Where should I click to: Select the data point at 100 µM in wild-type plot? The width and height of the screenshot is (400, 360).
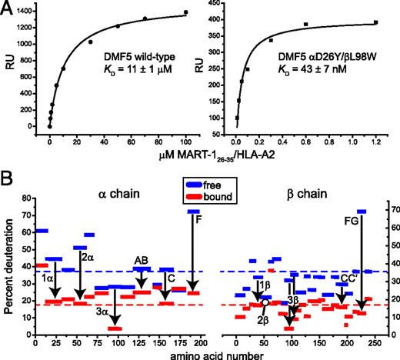(185, 12)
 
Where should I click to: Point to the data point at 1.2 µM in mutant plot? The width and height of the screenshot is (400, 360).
(375, 22)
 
